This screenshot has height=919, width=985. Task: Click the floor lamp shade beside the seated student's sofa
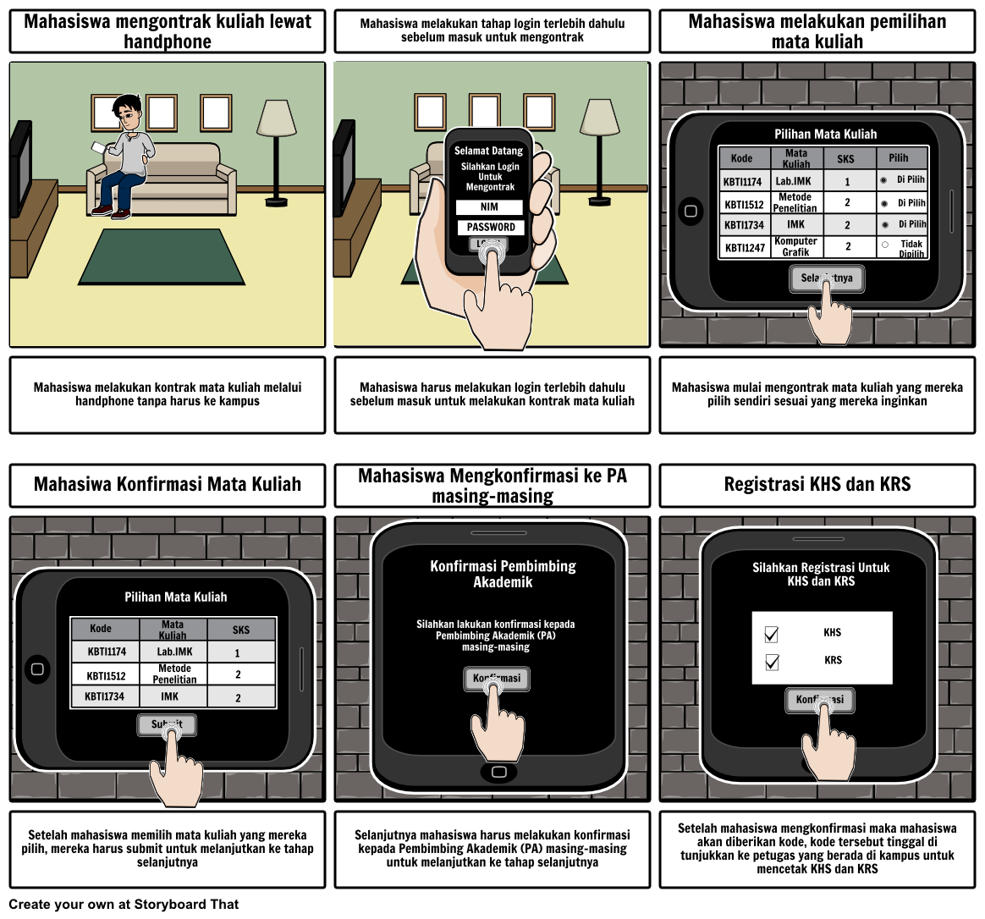tap(276, 118)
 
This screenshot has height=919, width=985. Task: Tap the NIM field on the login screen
tap(489, 207)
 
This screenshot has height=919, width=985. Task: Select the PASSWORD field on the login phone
tap(490, 227)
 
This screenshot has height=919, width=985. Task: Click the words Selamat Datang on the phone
tap(488, 151)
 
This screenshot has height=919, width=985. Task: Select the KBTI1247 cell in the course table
tap(744, 248)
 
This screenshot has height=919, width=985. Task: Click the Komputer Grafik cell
tap(795, 247)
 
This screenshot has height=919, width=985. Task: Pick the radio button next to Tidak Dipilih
tap(884, 245)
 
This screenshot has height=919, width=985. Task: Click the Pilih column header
tap(898, 157)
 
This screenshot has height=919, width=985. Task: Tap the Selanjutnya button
tap(827, 278)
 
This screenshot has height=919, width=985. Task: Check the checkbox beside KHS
tap(771, 634)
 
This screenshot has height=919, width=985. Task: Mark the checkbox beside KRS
tap(771, 662)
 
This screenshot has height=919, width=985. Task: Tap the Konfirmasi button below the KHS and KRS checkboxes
tap(819, 700)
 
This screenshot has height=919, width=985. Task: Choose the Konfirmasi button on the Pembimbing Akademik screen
tap(496, 678)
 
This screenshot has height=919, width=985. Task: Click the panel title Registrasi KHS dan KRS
tap(817, 484)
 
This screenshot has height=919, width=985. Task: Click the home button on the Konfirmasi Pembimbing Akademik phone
tap(498, 772)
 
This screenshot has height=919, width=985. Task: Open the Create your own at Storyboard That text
tap(124, 904)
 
